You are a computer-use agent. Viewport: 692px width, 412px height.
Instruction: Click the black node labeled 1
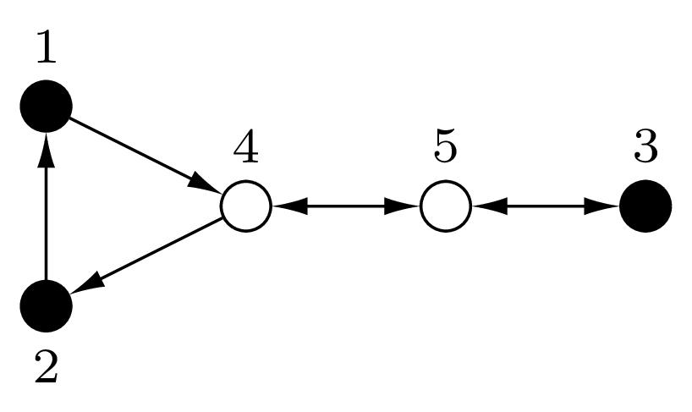pyautogui.click(x=47, y=106)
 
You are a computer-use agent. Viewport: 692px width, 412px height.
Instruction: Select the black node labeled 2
pyautogui.click(x=47, y=305)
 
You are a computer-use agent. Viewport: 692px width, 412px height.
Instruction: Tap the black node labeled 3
pyautogui.click(x=645, y=206)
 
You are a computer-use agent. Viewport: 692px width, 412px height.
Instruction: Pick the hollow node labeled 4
pyautogui.click(x=246, y=206)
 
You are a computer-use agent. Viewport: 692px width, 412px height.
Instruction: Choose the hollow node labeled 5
pyautogui.click(x=446, y=206)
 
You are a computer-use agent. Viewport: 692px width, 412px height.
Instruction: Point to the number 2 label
pyautogui.click(x=47, y=366)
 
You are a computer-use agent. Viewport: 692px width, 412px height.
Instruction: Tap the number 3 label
pyautogui.click(x=645, y=147)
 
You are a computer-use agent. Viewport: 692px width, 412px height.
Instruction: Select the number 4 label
pyautogui.click(x=246, y=147)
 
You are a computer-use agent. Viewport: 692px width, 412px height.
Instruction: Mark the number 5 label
pyautogui.click(x=445, y=147)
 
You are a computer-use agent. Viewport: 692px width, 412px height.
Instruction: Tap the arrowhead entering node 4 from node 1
pyautogui.click(x=205, y=184)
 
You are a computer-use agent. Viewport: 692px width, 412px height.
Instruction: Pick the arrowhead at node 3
pyautogui.click(x=602, y=206)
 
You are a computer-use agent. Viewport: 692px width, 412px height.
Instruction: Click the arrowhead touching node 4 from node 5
pyautogui.click(x=289, y=206)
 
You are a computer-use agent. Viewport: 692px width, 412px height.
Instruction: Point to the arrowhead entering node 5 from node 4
pyautogui.click(x=402, y=206)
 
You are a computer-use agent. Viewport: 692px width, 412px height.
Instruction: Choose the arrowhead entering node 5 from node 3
pyautogui.click(x=490, y=206)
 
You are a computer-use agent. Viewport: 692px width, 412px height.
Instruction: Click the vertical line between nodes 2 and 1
pyautogui.click(x=47, y=206)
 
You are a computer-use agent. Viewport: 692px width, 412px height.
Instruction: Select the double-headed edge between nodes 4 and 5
pyautogui.click(x=346, y=206)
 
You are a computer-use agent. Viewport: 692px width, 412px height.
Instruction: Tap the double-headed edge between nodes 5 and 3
pyautogui.click(x=546, y=206)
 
